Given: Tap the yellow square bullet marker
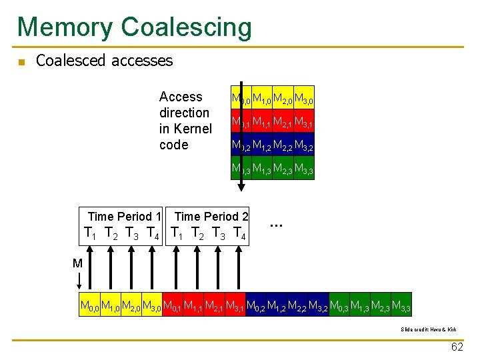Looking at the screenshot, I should pyautogui.click(x=21, y=62).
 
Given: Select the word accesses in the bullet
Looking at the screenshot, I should pyautogui.click(x=141, y=61).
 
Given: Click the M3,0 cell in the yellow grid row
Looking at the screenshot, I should pyautogui.click(x=304, y=100).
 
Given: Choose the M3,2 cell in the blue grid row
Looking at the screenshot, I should pyautogui.click(x=304, y=145).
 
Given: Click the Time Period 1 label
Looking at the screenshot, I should pyautogui.click(x=125, y=216).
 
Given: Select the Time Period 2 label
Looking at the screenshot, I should pyautogui.click(x=211, y=216).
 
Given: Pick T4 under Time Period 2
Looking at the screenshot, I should pyautogui.click(x=239, y=234).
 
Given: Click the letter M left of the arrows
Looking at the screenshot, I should pyautogui.click(x=77, y=263).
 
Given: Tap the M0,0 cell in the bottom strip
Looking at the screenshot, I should pyautogui.click(x=89, y=305).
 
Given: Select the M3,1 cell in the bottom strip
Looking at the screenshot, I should pyautogui.click(x=235, y=305).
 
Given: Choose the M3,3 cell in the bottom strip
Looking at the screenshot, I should pyautogui.click(x=401, y=305).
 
